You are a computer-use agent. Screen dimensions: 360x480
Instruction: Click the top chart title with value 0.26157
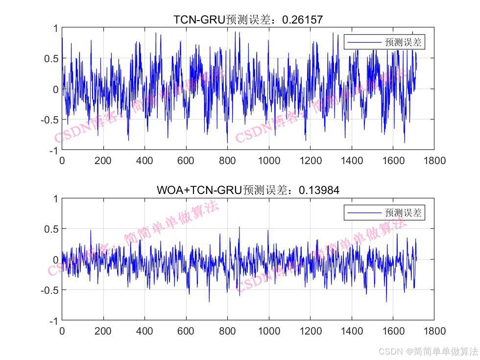(x=248, y=20)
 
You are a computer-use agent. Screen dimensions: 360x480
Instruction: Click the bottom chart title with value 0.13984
(x=248, y=190)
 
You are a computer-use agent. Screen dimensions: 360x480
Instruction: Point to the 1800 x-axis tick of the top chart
(x=434, y=161)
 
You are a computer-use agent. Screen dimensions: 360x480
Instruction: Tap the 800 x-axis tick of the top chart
(x=227, y=161)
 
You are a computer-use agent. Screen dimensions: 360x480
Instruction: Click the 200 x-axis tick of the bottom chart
(x=103, y=331)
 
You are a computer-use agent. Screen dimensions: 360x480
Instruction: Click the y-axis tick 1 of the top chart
(x=55, y=28)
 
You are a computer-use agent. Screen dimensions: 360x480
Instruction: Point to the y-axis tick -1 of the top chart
(x=53, y=150)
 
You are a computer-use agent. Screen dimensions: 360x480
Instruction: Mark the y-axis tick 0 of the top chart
(x=55, y=89)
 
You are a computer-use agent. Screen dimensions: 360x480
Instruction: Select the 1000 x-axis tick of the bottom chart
(x=268, y=331)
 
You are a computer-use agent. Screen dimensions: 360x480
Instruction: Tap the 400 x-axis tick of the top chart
(x=144, y=161)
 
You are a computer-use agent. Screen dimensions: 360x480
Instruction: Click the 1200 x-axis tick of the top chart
(x=310, y=161)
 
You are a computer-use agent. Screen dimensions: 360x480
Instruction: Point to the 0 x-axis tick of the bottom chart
(x=62, y=331)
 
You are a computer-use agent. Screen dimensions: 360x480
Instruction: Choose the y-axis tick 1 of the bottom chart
(x=55, y=199)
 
